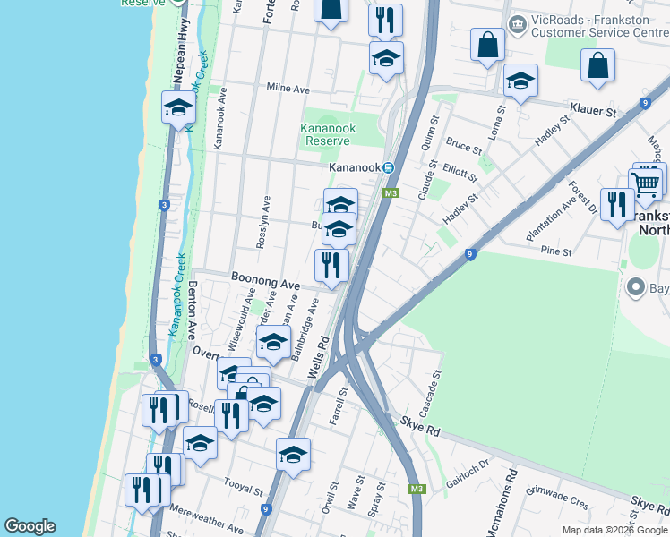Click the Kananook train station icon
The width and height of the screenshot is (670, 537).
[x=389, y=167]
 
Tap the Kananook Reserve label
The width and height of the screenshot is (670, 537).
[x=327, y=134]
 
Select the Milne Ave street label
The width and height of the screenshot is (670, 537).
[x=288, y=89]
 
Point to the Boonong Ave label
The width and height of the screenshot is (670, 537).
[x=265, y=282]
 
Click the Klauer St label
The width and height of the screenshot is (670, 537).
[x=598, y=113]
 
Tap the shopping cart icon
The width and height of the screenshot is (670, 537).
[x=646, y=183]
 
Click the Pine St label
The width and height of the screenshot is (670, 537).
[x=556, y=252]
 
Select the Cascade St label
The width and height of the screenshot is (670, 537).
[x=436, y=386]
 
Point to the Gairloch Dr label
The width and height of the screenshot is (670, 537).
[x=468, y=471]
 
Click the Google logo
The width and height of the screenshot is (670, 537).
[x=30, y=526]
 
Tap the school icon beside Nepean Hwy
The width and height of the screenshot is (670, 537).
[x=178, y=108]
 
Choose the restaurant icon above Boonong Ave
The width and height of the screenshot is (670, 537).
[x=331, y=265]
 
